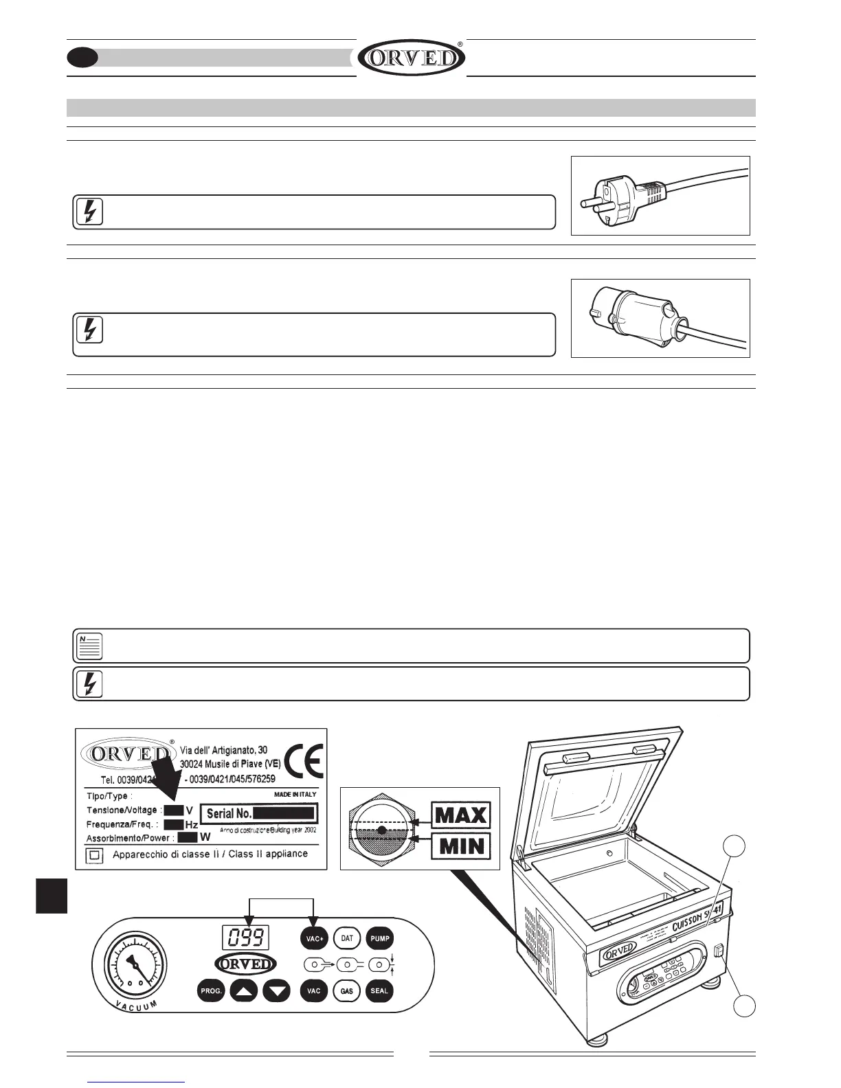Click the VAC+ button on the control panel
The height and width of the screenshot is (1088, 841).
(314, 938)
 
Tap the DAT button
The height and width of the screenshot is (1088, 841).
(347, 938)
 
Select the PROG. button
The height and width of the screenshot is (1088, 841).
(210, 991)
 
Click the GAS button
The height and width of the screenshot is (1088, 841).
(347, 991)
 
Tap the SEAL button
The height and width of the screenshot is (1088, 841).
(379, 991)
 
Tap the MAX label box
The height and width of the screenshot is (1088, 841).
(461, 816)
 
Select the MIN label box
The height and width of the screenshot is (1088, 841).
(461, 845)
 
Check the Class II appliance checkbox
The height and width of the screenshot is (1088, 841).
(95, 856)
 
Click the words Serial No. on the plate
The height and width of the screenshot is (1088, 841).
(229, 814)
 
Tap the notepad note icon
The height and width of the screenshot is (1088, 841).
(88, 646)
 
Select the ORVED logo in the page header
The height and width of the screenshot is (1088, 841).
(412, 58)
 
